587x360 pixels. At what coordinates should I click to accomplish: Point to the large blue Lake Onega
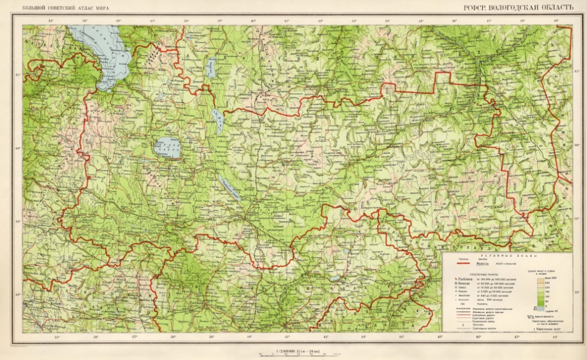[109, 57]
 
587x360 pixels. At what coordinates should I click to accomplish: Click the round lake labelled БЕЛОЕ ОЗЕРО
[167, 147]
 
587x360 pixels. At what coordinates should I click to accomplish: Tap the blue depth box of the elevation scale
[541, 308]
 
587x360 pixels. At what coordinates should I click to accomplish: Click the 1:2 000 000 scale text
[293, 349]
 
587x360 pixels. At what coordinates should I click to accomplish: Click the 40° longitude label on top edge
[253, 21]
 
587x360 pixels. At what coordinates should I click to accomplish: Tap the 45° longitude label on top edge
[421, 21]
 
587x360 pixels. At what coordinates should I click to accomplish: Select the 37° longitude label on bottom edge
[134, 337]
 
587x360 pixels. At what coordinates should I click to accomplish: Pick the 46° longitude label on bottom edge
[479, 337]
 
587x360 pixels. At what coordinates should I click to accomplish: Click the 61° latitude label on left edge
[17, 75]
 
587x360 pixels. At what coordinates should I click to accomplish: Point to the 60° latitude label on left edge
[17, 148]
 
